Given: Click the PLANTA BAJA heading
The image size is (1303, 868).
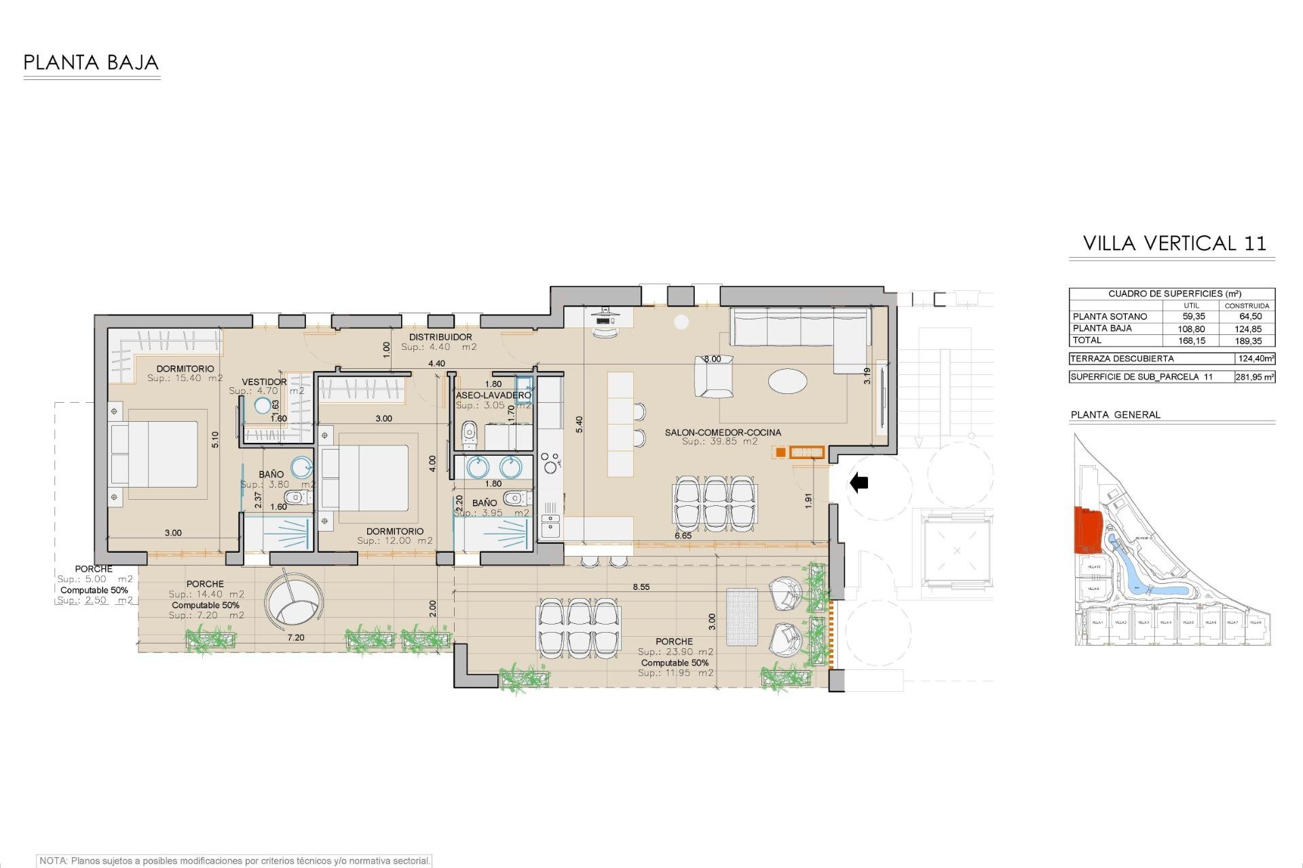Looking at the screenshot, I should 91,63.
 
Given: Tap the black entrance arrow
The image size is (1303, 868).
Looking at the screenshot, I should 859,482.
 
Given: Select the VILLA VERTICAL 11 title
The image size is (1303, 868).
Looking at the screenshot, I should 1174,243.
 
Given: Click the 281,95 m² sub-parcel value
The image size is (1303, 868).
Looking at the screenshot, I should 1254,377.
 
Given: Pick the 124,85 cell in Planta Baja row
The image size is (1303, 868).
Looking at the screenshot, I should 1248,329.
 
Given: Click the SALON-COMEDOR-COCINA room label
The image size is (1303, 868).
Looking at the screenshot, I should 723,432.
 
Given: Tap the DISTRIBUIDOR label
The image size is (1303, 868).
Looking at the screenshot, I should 440,337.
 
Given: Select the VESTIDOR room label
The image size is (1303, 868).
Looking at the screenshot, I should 264,382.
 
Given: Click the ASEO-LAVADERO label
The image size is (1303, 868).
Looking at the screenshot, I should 493,395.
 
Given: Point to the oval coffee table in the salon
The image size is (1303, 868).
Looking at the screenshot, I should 788,380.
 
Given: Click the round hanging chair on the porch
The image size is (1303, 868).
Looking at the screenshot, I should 294,604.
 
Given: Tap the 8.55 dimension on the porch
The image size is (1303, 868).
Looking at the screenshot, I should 641,587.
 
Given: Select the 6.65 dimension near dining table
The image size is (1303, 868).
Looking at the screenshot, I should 683,536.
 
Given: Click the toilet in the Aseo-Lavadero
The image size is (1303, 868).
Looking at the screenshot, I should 469,434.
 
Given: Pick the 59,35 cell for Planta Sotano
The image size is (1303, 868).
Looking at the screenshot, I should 1193,317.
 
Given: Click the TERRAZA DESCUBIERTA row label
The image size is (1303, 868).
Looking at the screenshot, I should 1122,359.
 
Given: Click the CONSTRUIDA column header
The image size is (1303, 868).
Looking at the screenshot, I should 1247,306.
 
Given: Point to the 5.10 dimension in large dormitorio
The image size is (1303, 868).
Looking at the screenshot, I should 215,439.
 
